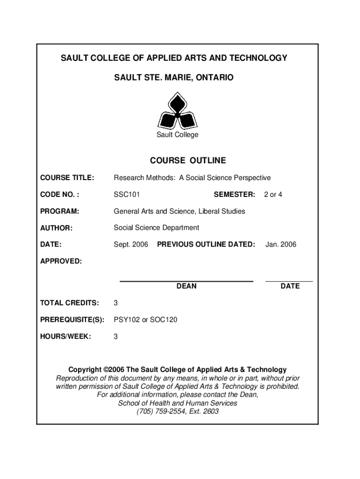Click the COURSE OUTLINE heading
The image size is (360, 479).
(187, 160)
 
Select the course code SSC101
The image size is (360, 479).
(127, 194)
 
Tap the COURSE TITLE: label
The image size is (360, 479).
(67, 178)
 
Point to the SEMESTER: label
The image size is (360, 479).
(234, 194)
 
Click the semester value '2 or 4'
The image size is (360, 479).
(273, 194)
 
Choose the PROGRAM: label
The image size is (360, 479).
(59, 211)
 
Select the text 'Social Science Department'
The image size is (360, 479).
(156, 228)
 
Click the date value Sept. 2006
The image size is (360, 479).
(131, 244)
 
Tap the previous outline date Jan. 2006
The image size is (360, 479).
(281, 244)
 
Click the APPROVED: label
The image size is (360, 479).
(61, 261)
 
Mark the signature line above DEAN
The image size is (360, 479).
(187, 281)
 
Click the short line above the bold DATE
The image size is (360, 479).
(289, 281)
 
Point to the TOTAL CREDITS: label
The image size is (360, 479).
(69, 303)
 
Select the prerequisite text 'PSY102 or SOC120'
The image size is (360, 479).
(145, 320)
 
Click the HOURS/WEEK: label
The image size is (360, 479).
(65, 336)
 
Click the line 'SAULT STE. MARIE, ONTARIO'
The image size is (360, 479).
(173, 77)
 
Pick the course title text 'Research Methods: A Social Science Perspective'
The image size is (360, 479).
(192, 178)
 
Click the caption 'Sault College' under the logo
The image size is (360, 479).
(177, 135)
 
